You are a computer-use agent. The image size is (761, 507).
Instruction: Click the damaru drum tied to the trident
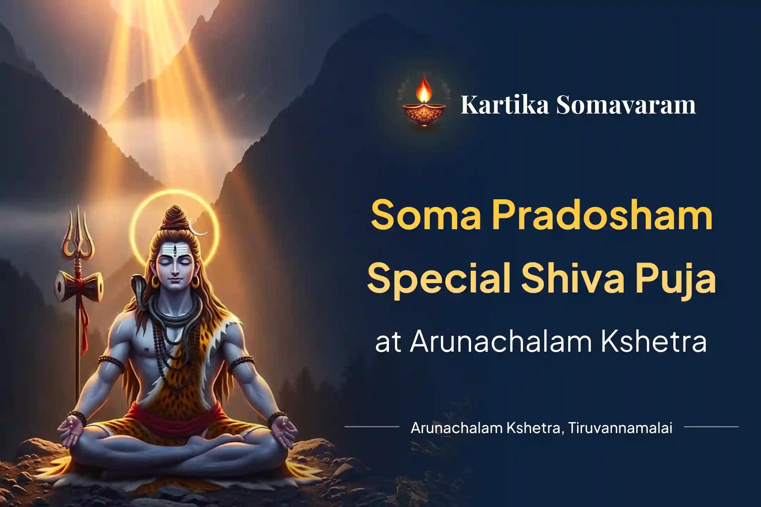coord(79,285)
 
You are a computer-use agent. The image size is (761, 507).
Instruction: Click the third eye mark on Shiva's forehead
coord(175,252)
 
